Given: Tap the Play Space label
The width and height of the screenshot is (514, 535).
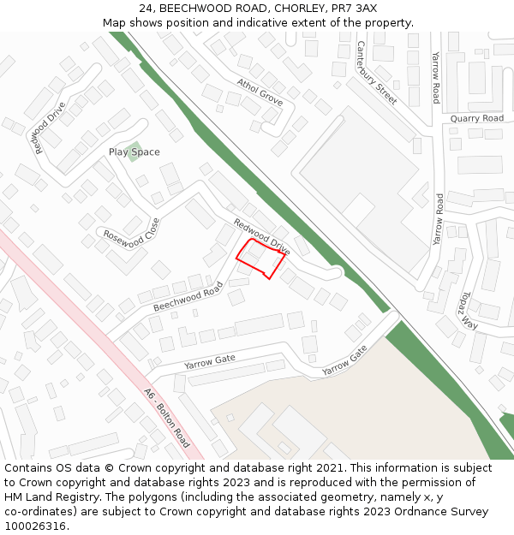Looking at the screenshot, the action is (134, 152).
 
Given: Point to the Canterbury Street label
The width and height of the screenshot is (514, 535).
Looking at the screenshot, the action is (377, 73).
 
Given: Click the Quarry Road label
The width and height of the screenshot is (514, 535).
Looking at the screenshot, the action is (477, 118).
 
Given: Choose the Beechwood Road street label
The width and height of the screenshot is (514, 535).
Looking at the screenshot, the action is (188, 297).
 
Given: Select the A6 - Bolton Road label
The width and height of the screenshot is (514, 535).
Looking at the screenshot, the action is (167, 419).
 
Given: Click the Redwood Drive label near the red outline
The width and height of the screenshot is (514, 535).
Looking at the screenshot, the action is (262, 237).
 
